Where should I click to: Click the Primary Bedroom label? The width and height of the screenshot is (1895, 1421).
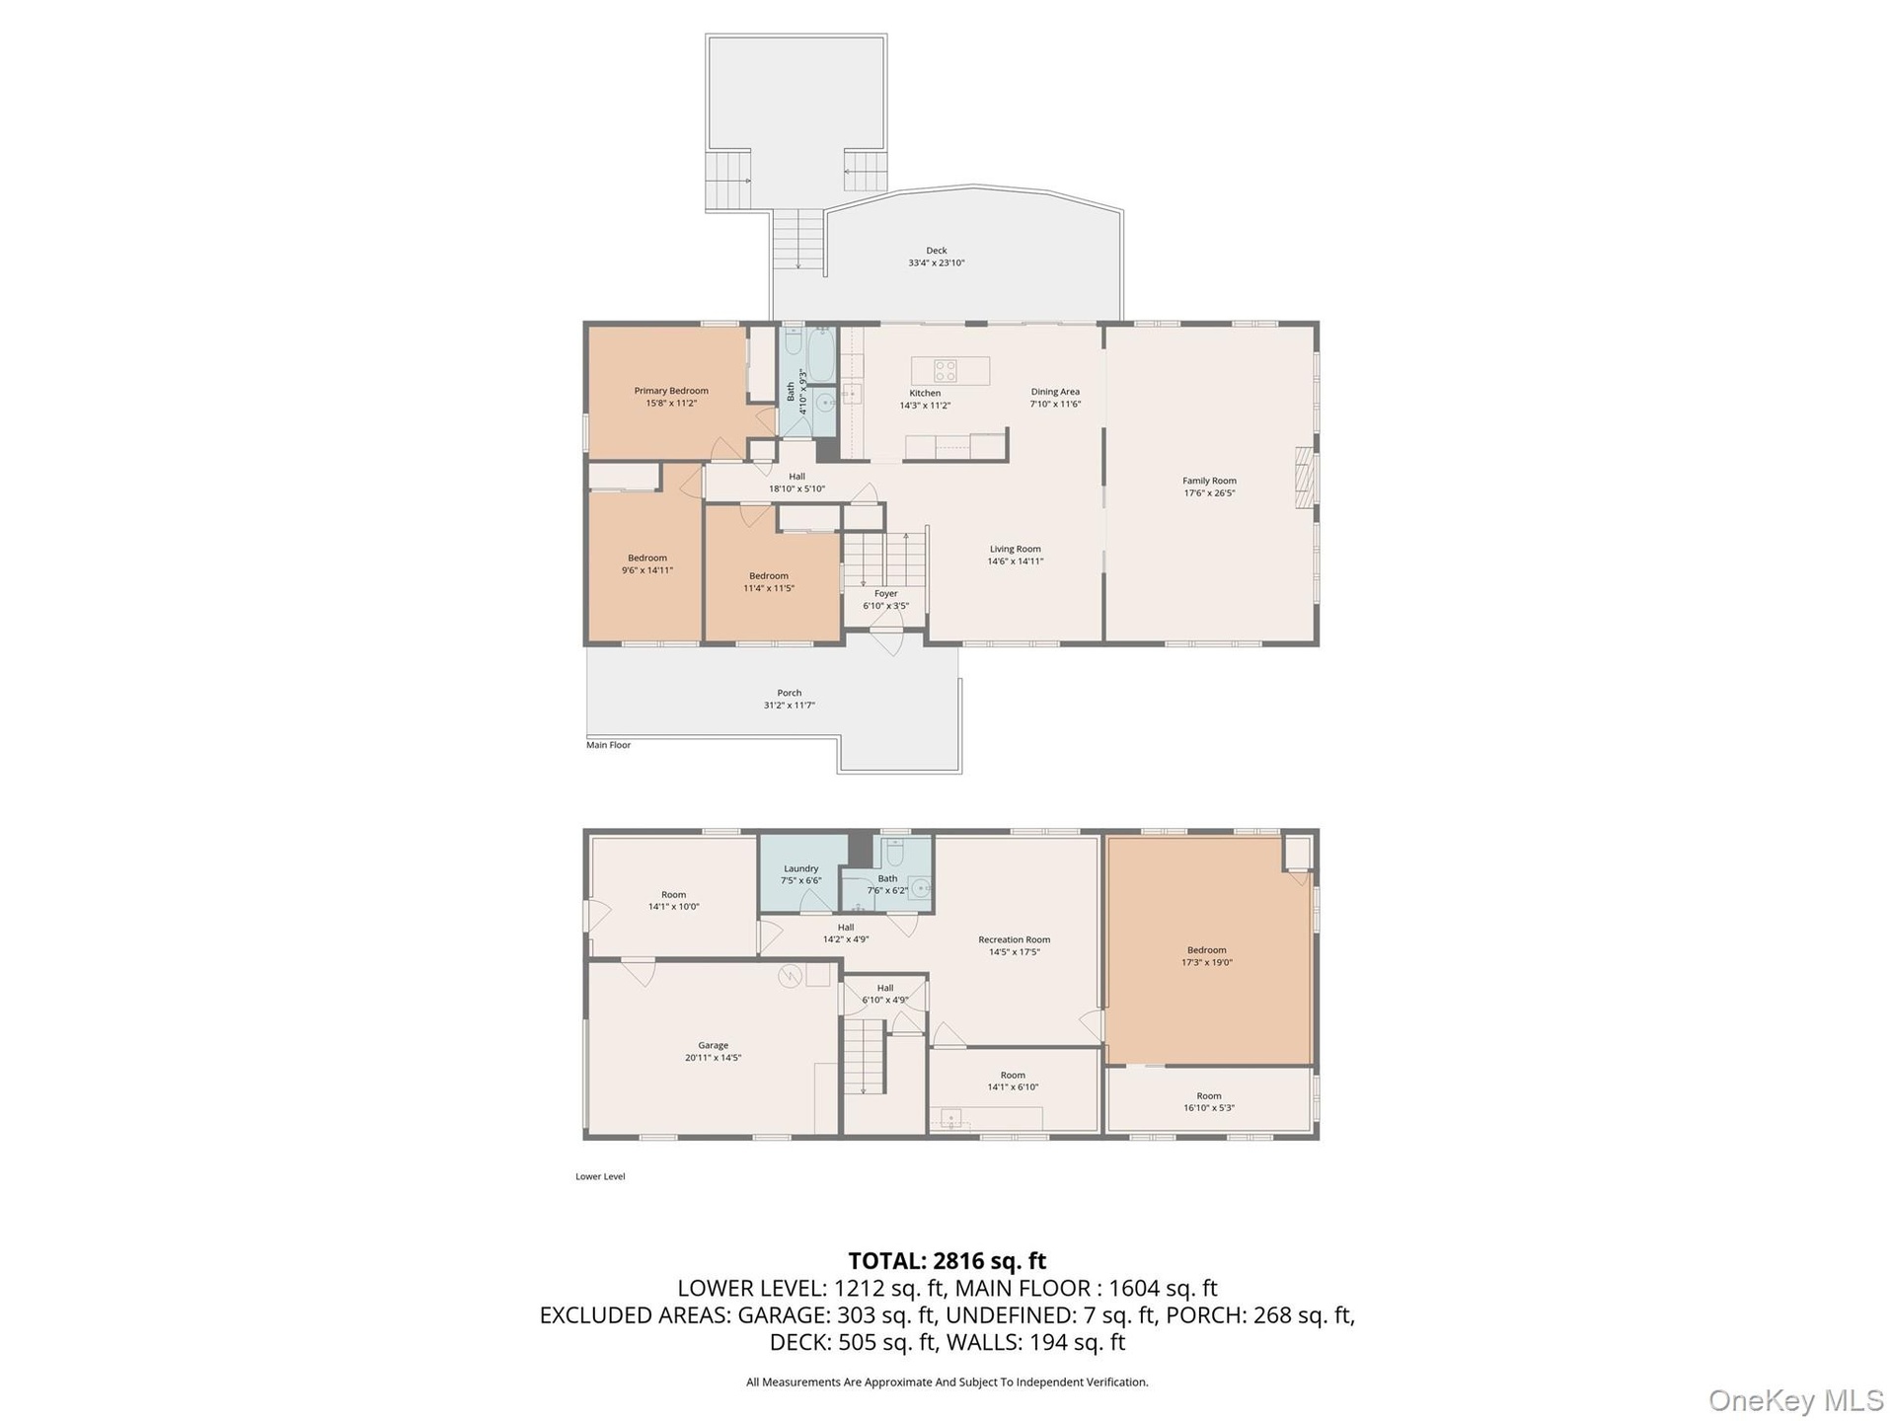tap(671, 391)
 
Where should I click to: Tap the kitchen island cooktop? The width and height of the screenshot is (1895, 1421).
tap(946, 371)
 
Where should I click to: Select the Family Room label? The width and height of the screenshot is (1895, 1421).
tap(1209, 481)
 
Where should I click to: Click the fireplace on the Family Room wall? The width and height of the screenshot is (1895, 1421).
tap(1306, 478)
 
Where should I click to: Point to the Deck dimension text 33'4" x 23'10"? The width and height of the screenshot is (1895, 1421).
tap(936, 262)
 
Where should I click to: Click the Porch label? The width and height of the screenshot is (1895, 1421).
tap(789, 693)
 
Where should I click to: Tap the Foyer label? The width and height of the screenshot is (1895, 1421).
tap(885, 593)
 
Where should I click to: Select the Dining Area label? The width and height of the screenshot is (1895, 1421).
tap(1055, 392)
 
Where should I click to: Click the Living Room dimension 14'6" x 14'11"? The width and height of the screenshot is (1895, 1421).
tap(1015, 561)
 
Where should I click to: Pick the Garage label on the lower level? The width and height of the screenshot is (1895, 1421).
tap(713, 1045)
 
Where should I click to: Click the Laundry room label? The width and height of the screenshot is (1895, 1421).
tap(800, 868)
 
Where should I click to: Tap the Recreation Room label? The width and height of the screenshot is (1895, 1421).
tap(1014, 939)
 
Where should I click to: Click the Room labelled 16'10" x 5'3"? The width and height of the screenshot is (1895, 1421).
tap(1208, 1101)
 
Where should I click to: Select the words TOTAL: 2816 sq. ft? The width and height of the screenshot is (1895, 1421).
tap(947, 1261)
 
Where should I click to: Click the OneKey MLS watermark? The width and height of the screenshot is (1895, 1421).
tap(1795, 1400)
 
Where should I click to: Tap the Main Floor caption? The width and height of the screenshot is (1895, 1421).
tap(608, 745)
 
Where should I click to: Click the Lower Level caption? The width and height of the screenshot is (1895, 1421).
tap(600, 1176)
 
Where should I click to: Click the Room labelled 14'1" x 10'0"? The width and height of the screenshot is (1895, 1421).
tap(673, 900)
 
